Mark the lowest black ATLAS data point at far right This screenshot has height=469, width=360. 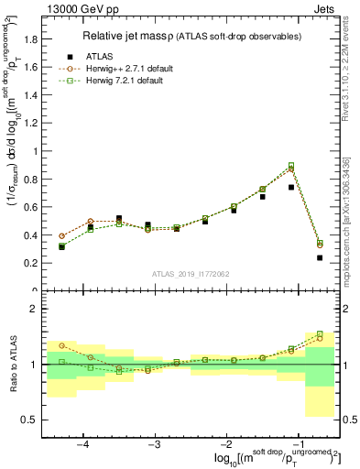tap(320, 258)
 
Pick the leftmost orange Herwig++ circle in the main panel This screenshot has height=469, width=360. tap(61, 235)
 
